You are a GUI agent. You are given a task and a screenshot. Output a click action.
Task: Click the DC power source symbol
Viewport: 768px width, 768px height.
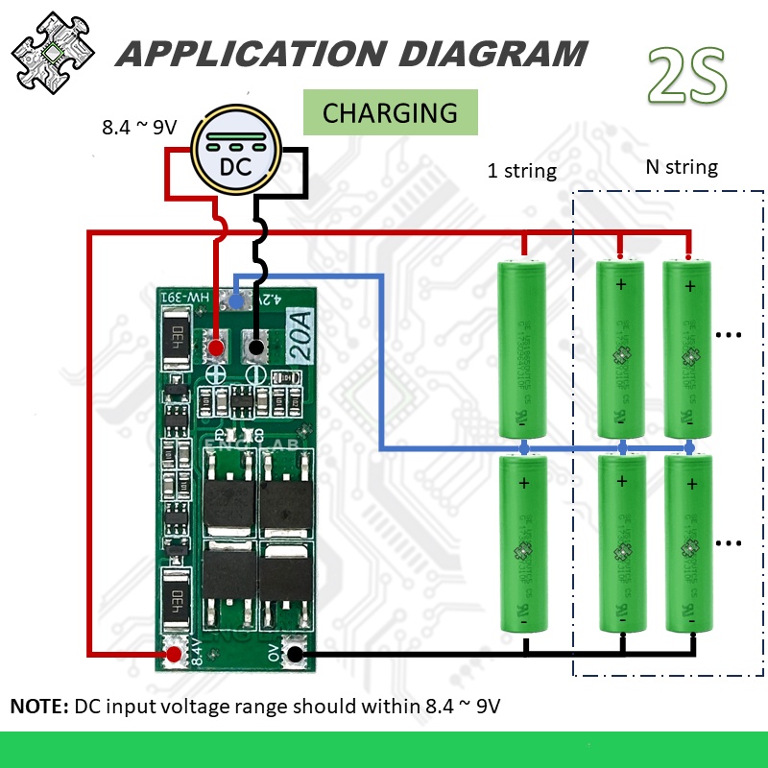click(235, 155)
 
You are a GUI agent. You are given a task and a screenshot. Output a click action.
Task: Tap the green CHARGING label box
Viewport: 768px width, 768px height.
click(390, 112)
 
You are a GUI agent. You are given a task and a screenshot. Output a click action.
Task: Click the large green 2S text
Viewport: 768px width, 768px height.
click(687, 77)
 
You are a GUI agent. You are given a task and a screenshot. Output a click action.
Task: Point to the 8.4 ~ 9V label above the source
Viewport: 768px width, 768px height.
click(140, 127)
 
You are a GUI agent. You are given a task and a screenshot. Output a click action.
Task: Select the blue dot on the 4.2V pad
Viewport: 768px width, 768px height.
click(235, 301)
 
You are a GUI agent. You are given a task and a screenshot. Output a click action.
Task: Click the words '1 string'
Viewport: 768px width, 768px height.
click(521, 172)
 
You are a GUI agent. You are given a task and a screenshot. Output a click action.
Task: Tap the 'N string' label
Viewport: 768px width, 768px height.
click(681, 167)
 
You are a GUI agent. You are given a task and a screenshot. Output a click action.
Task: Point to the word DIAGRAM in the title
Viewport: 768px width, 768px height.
click(490, 53)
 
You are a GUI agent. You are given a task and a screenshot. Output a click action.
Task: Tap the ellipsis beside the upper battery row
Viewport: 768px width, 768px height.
click(730, 335)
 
